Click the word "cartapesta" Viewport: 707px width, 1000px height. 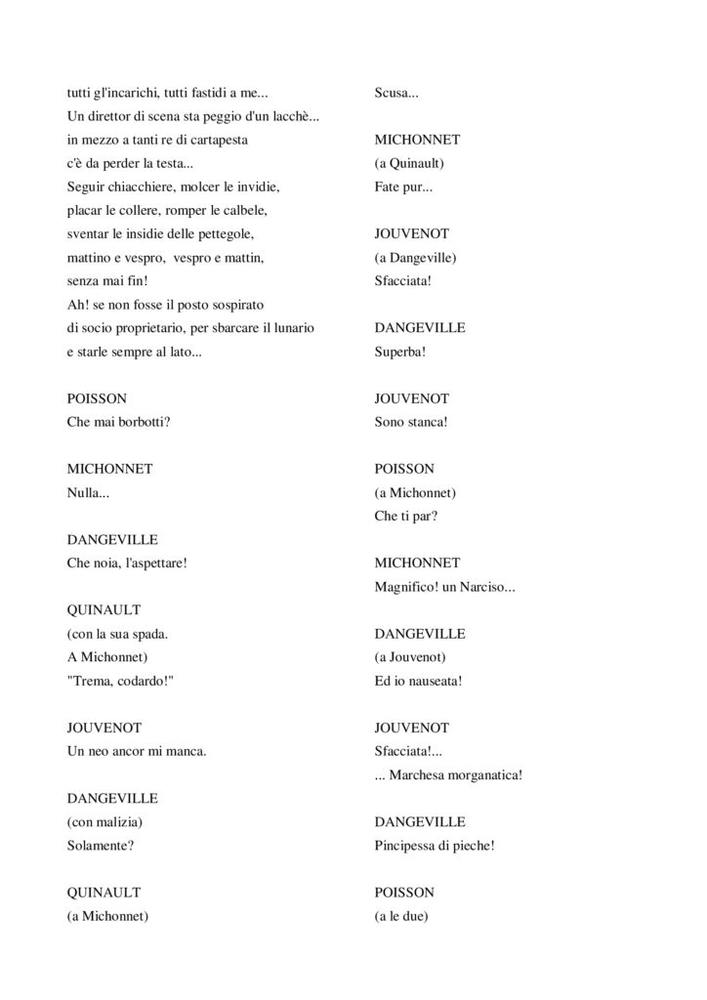[218, 140]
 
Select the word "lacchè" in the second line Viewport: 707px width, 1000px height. [293, 116]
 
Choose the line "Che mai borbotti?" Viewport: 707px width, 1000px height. [118, 422]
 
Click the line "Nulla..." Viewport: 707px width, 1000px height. [88, 492]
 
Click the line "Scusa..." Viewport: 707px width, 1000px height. [396, 93]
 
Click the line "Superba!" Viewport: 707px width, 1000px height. [400, 352]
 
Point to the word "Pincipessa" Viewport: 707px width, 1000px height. [408, 846]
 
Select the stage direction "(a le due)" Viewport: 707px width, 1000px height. [402, 916]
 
